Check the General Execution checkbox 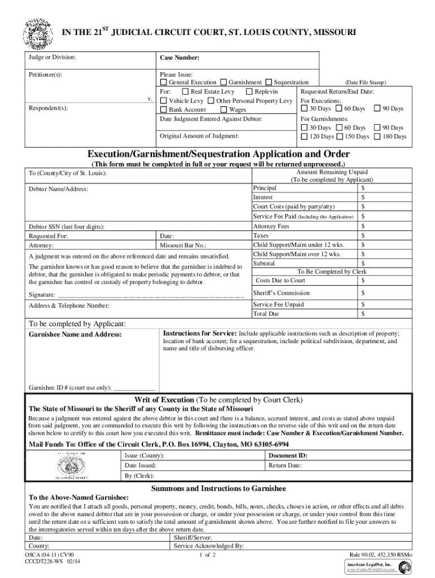pos(164,82)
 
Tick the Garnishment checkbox pos(224,82)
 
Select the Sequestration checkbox pos(269,82)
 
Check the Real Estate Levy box pos(185,91)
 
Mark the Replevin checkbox pos(249,91)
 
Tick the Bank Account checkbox pos(164,110)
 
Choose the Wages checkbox pos(224,110)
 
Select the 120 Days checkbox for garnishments pos(305,137)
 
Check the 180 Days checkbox pos(377,137)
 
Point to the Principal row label pos(265,188)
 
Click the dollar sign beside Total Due pos(363,314)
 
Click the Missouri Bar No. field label pos(183,246)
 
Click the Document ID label pos(288,455)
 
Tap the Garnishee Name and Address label pos(75,334)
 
